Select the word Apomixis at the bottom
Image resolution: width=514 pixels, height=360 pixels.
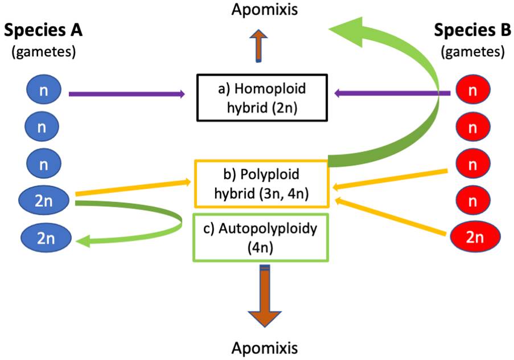[x=264, y=347]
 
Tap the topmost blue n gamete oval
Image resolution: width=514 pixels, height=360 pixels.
[x=42, y=91]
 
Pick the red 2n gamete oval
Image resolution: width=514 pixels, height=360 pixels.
[x=475, y=236]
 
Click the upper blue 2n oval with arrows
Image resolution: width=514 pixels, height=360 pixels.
[x=43, y=200]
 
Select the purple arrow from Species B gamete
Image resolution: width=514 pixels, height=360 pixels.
[x=393, y=93]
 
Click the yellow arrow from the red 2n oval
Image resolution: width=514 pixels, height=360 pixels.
[x=393, y=216]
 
